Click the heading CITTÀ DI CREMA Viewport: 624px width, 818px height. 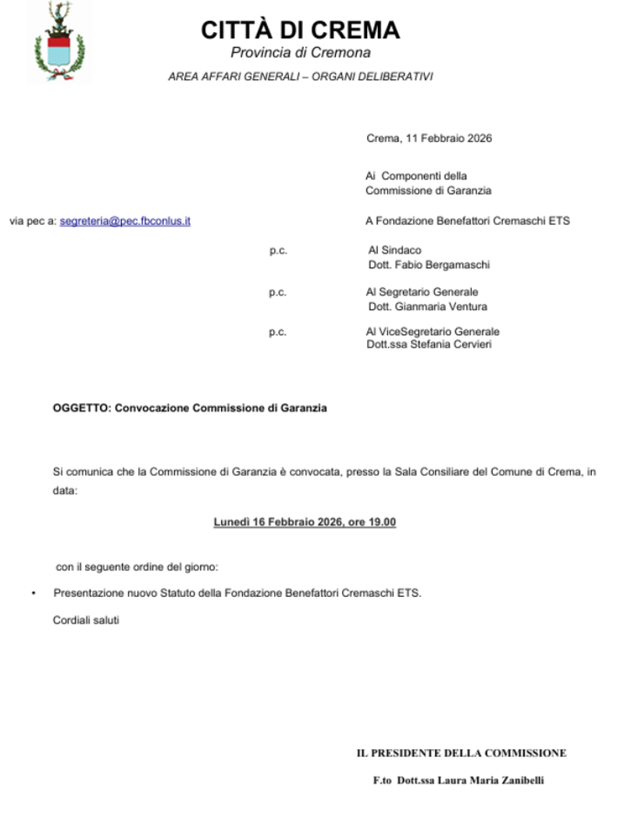point(300,30)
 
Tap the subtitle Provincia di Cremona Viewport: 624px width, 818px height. point(300,53)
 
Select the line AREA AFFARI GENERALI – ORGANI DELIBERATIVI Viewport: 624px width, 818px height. point(300,77)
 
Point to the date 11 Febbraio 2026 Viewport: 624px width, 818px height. point(448,139)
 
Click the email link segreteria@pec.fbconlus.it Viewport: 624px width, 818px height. point(125,221)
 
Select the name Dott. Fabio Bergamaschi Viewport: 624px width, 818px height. point(429,265)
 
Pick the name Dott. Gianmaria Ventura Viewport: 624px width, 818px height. point(427,306)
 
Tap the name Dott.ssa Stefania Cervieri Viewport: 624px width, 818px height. point(429,345)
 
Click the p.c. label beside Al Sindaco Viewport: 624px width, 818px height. point(277,251)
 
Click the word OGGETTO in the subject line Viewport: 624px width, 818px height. point(80,408)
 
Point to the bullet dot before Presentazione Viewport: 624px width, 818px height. point(34,594)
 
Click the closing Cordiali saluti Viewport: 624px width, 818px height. point(86,621)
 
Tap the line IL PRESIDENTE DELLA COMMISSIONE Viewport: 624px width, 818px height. point(461,753)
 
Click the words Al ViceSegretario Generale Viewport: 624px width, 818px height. point(433,332)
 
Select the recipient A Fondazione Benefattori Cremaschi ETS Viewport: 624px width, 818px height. point(467,221)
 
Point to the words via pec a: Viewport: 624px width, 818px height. point(33,221)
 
